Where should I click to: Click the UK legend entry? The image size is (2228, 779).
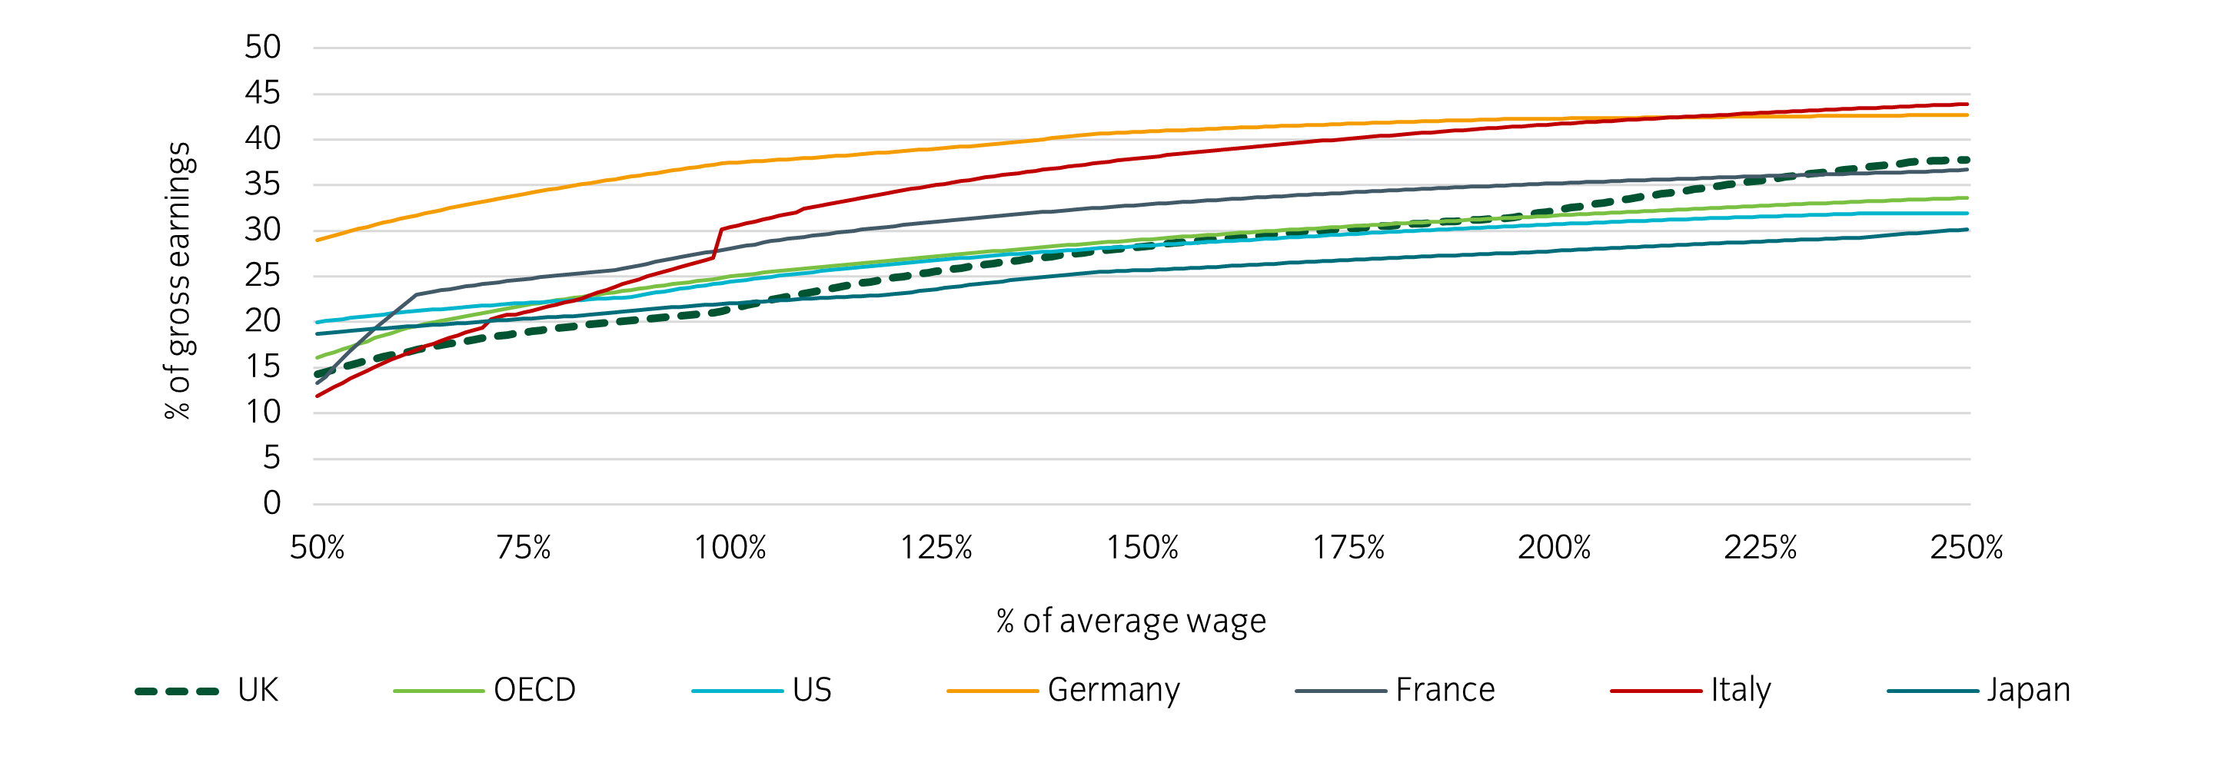click(x=257, y=690)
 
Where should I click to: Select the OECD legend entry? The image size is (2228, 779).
click(x=534, y=690)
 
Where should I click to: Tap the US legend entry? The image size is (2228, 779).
click(x=811, y=690)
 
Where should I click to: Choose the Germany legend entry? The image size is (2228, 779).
click(x=1113, y=690)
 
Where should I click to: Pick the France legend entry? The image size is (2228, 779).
click(x=1445, y=690)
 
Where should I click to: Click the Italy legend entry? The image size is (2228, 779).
click(x=1741, y=690)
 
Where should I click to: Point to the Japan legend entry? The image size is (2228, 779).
click(x=2028, y=690)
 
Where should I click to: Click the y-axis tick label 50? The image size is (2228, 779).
click(x=262, y=48)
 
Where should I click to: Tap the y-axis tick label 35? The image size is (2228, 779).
click(x=262, y=184)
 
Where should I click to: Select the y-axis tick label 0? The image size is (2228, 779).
click(x=271, y=503)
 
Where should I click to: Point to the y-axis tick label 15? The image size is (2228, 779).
click(x=262, y=366)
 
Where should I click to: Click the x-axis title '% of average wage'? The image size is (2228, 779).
click(x=1130, y=622)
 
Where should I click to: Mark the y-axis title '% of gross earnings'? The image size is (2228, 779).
click(x=178, y=281)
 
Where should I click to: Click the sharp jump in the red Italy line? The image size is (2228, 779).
click(x=717, y=243)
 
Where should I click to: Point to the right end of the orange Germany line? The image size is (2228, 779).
click(x=1967, y=115)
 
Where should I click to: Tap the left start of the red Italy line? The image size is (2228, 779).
click(x=318, y=396)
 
